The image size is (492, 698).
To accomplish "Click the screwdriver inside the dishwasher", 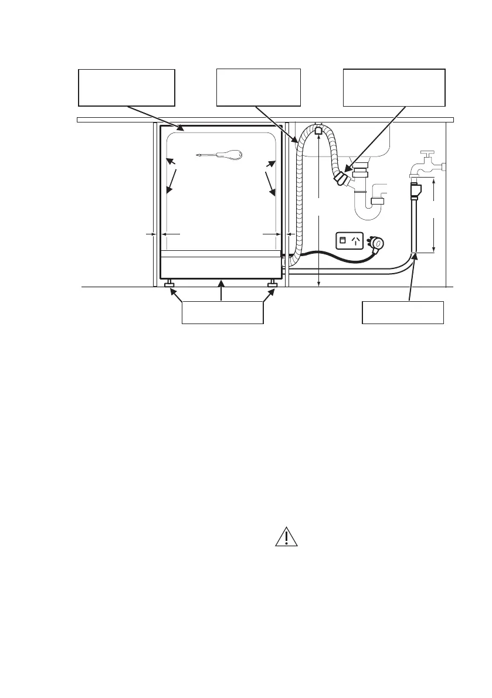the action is [x=220, y=155].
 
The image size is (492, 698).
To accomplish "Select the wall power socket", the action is [x=350, y=240].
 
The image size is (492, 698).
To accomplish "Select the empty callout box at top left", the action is [x=127, y=87].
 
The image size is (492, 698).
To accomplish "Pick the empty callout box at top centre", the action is [x=259, y=87].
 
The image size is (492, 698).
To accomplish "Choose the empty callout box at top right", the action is [x=394, y=87].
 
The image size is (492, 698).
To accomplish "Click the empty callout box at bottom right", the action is [x=403, y=312].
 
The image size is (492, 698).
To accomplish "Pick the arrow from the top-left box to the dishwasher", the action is [x=155, y=117].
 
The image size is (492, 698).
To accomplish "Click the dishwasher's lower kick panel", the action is [x=222, y=268].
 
